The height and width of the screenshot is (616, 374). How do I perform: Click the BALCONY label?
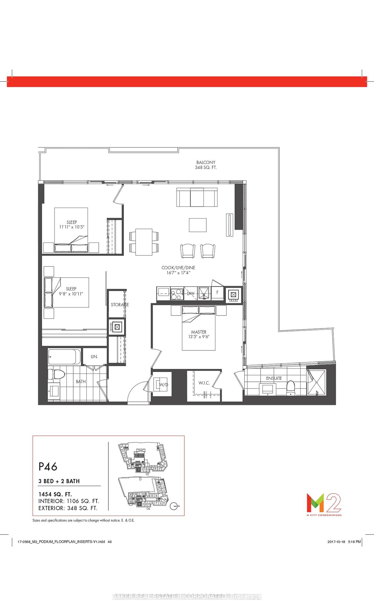point(206,162)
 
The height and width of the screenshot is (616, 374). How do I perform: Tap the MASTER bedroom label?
point(199,332)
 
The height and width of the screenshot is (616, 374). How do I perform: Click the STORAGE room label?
point(120,304)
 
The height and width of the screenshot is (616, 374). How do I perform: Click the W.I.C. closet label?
point(204,383)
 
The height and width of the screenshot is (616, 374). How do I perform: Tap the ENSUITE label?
point(274,378)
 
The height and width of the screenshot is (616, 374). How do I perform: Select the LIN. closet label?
point(94,356)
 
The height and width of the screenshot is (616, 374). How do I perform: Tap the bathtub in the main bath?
point(64,356)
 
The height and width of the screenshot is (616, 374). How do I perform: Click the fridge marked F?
point(217,292)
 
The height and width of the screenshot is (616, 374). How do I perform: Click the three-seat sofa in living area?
point(197,198)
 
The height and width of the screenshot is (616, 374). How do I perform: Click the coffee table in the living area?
point(197,225)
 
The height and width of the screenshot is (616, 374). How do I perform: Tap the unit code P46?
point(48,466)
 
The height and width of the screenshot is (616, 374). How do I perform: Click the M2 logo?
point(323,503)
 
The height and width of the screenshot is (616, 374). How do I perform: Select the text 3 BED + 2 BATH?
point(59,481)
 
